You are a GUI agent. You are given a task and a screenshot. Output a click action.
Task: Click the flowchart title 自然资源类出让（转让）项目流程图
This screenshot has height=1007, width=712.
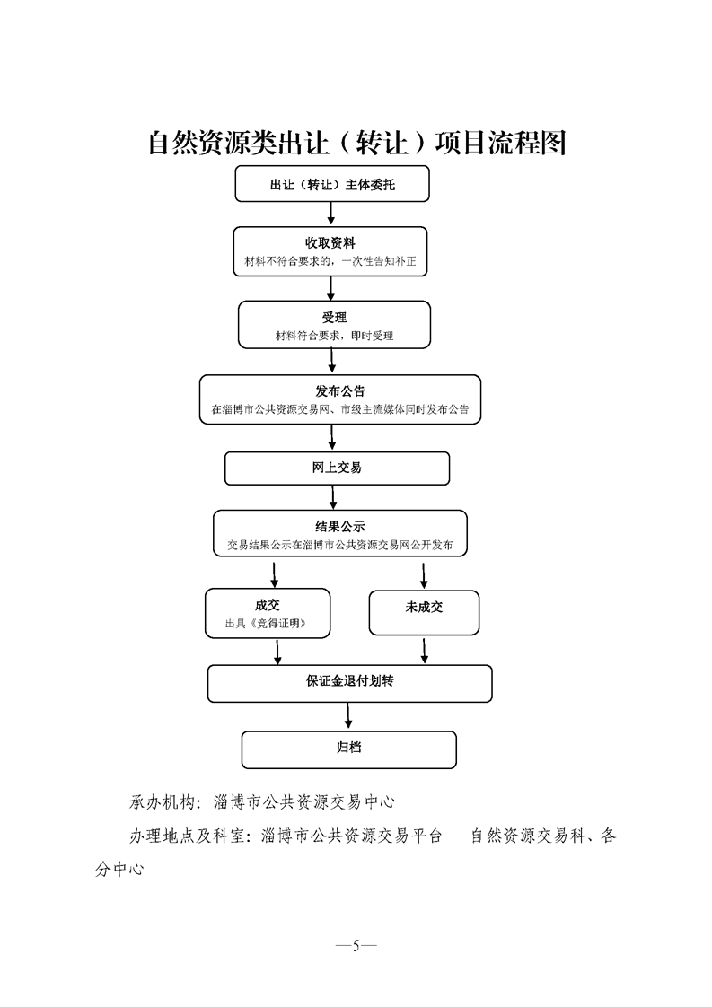pyautogui.click(x=356, y=143)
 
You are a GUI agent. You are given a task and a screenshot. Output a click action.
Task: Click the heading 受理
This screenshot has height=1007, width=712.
pyautogui.click(x=334, y=318)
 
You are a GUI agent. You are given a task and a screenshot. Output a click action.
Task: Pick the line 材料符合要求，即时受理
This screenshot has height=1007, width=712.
pyautogui.click(x=334, y=337)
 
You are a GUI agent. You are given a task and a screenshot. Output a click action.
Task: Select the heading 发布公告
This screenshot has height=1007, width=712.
pyautogui.click(x=339, y=391)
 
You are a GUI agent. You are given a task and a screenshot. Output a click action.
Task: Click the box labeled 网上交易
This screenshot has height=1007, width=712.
pyautogui.click(x=337, y=468)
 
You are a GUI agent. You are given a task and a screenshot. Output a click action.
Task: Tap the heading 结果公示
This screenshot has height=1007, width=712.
pyautogui.click(x=339, y=527)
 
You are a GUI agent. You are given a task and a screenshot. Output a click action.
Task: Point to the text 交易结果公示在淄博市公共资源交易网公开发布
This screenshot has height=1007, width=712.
pyautogui.click(x=339, y=545)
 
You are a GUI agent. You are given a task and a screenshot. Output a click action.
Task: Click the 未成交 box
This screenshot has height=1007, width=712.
pyautogui.click(x=424, y=608)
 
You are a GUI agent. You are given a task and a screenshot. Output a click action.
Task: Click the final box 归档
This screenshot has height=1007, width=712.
pyautogui.click(x=348, y=749)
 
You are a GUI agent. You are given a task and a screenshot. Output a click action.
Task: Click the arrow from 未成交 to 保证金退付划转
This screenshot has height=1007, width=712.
pyautogui.click(x=425, y=649)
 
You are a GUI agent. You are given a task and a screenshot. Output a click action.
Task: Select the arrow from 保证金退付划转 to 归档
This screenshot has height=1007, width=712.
pyautogui.click(x=349, y=715)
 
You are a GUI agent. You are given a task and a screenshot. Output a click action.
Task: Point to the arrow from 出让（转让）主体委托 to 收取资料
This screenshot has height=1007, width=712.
pyautogui.click(x=331, y=212)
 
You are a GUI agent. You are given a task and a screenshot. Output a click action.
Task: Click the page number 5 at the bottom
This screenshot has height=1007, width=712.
pyautogui.click(x=356, y=945)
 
